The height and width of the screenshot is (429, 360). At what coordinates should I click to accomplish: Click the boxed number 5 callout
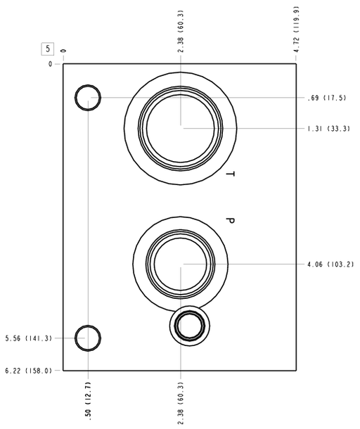[48, 49]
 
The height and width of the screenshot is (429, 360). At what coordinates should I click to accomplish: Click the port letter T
[230, 174]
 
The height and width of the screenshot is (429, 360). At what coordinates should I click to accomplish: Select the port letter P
[230, 221]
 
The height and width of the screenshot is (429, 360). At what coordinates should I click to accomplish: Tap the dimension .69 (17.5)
[327, 98]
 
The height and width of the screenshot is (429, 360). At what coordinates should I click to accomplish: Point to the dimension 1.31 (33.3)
[328, 128]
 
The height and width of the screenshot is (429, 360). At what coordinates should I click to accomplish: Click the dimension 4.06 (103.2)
[330, 264]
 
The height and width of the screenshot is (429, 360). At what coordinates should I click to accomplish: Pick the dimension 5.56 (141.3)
[28, 338]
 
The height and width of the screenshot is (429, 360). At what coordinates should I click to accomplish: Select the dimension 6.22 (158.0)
[28, 371]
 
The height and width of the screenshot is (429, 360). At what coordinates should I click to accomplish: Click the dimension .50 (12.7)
[88, 401]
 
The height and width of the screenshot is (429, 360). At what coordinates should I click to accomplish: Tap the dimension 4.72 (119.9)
[296, 30]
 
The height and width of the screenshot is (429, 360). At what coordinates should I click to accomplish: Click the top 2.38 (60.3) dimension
[181, 31]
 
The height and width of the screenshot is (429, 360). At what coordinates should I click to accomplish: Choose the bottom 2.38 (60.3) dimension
[181, 403]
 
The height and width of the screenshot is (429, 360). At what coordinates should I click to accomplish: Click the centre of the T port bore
[181, 128]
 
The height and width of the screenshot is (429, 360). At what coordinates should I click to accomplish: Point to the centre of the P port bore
[181, 264]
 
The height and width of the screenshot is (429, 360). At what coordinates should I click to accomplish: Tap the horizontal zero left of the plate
[50, 64]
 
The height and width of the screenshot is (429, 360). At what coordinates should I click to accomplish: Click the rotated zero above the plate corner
[63, 51]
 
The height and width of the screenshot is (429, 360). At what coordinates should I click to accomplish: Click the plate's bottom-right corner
[296, 371]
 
